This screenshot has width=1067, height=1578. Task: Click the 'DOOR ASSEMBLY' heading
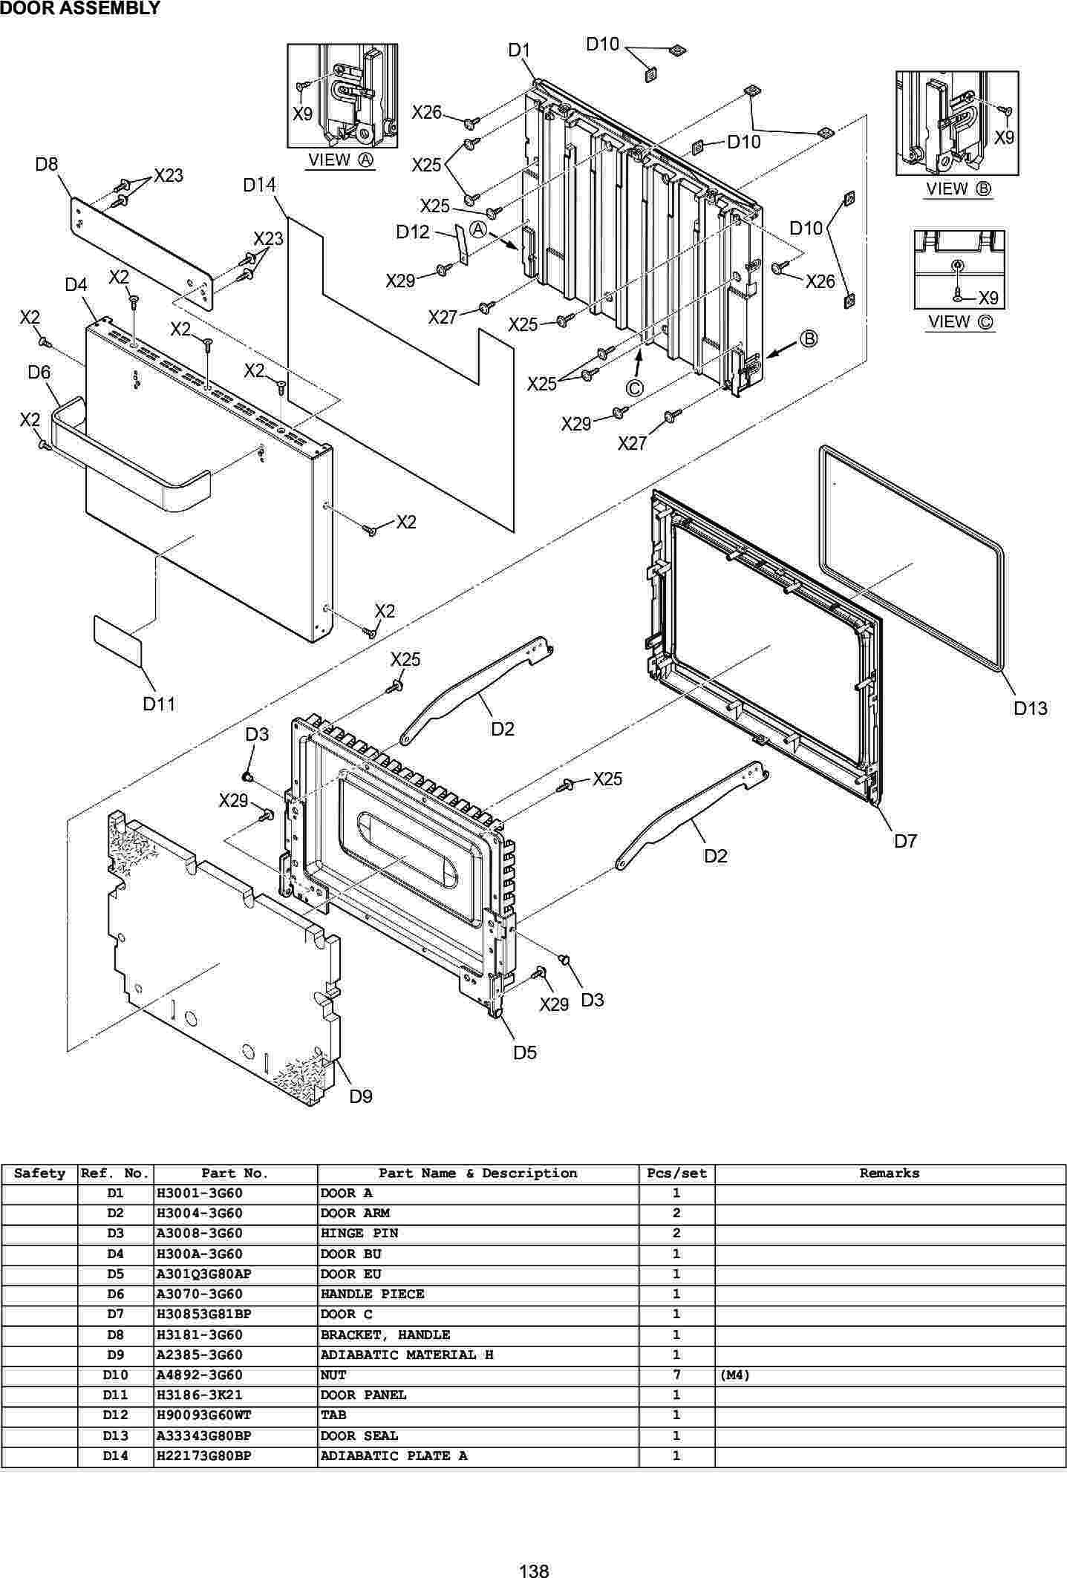80,9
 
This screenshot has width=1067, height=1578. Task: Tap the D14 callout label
259,185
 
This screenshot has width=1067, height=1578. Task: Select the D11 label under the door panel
159,704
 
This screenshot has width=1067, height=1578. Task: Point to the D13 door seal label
1031,708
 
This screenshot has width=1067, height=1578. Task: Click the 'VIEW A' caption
342,160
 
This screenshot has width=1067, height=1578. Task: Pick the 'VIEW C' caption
960,322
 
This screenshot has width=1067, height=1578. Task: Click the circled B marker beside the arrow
808,339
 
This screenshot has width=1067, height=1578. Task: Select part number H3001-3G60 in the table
200,1194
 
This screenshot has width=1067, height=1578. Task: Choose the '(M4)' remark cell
735,1375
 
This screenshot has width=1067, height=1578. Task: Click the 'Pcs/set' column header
676,1173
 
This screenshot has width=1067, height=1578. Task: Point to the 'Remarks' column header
890,1173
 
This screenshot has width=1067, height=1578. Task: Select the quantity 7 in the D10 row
676,1375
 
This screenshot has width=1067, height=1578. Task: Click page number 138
534,1570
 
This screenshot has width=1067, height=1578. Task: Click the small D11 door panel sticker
117,639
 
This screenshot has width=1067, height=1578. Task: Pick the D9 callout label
361,1096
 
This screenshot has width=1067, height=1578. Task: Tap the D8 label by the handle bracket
47,164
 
